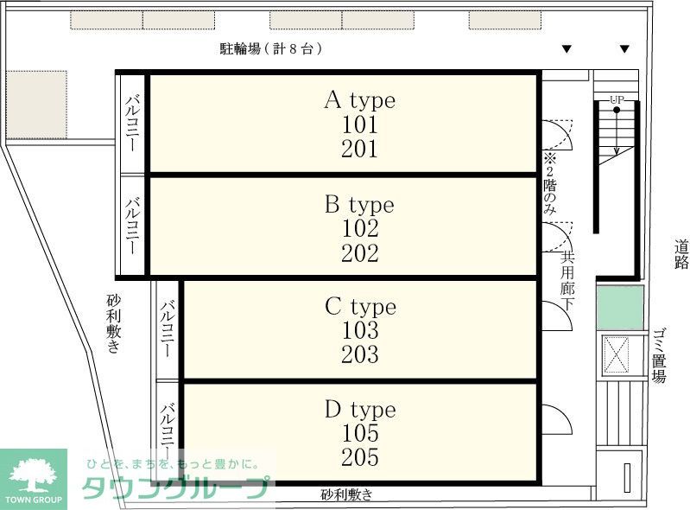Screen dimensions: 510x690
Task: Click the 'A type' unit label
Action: pyautogui.click(x=359, y=100)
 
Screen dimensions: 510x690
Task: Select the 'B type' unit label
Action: pyautogui.click(x=359, y=205)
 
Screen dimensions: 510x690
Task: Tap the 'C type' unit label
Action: pyautogui.click(x=360, y=307)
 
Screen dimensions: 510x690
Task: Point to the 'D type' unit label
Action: pyautogui.click(x=360, y=409)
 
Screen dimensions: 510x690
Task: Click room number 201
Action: pyautogui.click(x=359, y=149)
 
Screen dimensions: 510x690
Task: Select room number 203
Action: pyautogui.click(x=360, y=354)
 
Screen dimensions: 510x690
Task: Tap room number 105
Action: pyautogui.click(x=360, y=433)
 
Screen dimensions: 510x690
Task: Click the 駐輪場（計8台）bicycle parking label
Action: pyautogui.click(x=271, y=49)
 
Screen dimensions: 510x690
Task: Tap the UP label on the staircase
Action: pyautogui.click(x=617, y=100)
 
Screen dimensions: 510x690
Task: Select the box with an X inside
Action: pyautogui.click(x=619, y=354)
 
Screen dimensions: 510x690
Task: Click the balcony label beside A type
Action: pyautogui.click(x=133, y=124)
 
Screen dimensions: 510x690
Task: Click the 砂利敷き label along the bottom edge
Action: pyautogui.click(x=346, y=495)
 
